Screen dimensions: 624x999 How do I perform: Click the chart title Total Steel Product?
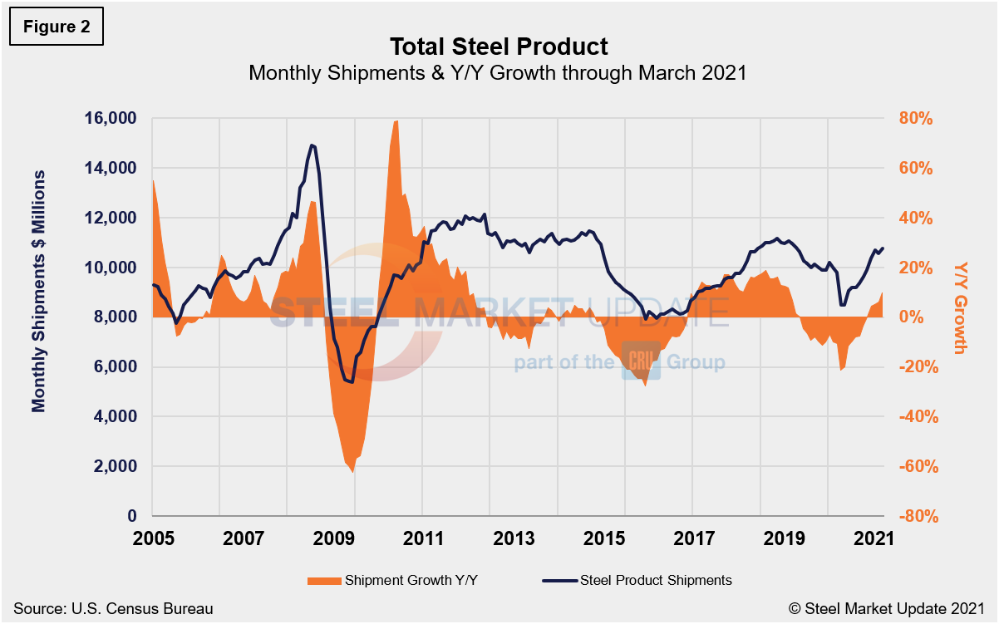498,46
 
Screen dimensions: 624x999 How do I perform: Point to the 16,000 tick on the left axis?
110,119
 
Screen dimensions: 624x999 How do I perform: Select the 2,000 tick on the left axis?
114,467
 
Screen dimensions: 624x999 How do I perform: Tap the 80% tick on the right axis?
918,119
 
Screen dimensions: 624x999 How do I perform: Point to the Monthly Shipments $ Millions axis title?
38,291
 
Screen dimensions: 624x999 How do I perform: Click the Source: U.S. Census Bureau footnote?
113,609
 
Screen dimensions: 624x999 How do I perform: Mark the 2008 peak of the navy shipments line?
312,145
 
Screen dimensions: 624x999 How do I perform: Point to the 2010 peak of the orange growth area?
396,121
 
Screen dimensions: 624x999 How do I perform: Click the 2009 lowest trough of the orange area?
352,472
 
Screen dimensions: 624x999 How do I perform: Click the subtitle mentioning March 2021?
498,73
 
